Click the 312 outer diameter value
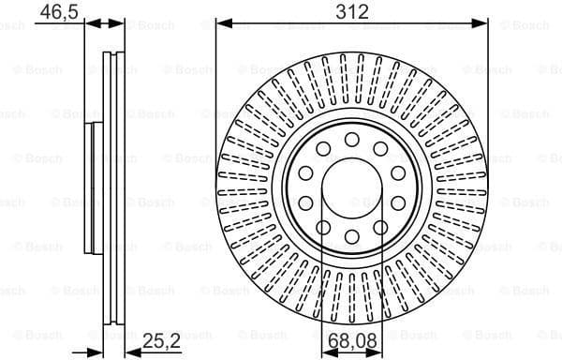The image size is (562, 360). pyautogui.click(x=351, y=11)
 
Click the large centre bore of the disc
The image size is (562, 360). pyautogui.click(x=351, y=187)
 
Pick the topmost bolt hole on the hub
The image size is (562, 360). pyautogui.click(x=351, y=140)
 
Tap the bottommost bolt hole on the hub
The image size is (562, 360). pyautogui.click(x=351, y=236)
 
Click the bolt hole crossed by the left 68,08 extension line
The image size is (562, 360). pyautogui.click(x=323, y=226)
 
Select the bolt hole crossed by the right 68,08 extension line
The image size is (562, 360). pyautogui.click(x=380, y=226)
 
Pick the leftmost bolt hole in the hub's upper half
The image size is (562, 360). pyautogui.click(x=305, y=172)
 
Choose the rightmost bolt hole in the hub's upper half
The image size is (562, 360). pyautogui.click(x=397, y=172)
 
